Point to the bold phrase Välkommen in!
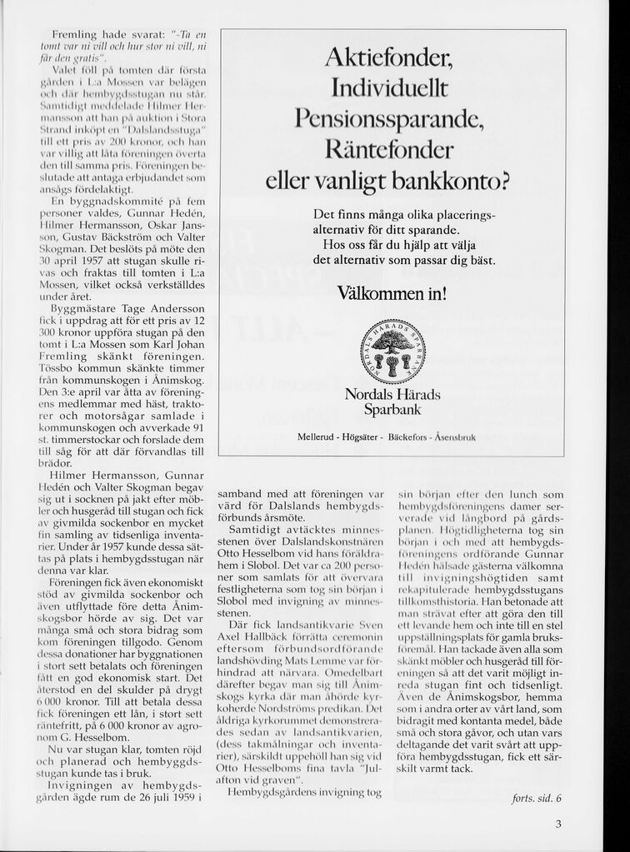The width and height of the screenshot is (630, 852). click(391, 293)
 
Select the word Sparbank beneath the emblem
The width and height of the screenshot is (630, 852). click(392, 410)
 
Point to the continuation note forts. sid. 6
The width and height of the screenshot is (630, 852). click(537, 798)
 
